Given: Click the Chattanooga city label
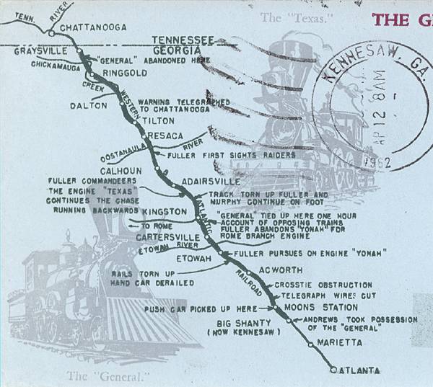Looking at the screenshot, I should click(x=93, y=27).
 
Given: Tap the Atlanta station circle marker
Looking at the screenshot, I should click(x=333, y=370).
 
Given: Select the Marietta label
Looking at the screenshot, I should click(x=338, y=344).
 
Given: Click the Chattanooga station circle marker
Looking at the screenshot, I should click(x=50, y=32).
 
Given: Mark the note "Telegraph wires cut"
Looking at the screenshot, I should click(x=322, y=295).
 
